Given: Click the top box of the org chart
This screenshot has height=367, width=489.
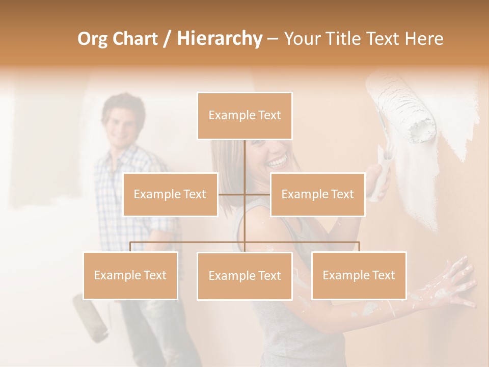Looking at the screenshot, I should (244, 116).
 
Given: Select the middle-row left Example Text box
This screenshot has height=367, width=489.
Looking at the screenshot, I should (170, 194).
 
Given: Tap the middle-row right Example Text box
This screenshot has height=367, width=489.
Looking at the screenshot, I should (317, 194).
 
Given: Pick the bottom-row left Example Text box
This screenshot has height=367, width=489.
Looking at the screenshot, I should (130, 275).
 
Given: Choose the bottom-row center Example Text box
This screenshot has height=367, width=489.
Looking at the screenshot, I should (244, 276).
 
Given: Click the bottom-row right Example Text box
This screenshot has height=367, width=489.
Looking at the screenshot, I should (359, 275).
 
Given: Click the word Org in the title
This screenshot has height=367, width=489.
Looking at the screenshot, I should (92, 39).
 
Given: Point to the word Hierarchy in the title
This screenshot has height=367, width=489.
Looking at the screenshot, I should (219, 39).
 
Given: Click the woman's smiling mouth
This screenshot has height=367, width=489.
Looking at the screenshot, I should (278, 163).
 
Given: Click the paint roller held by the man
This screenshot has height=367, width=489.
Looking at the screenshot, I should (90, 319).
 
